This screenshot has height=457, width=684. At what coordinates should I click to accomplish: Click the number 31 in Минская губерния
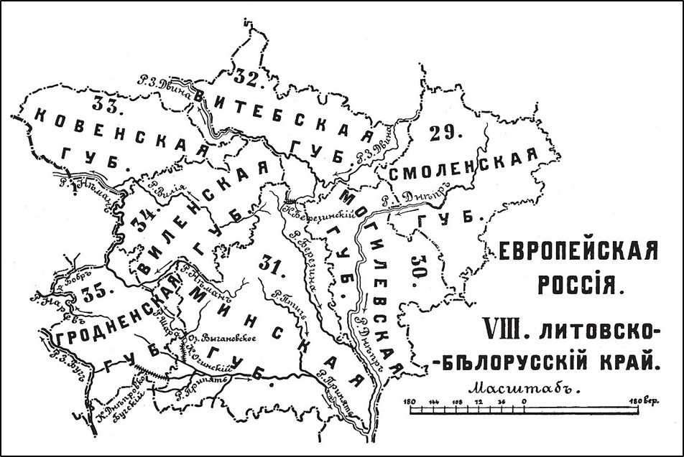pos(275,266)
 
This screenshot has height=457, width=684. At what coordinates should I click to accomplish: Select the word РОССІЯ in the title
pos(578,286)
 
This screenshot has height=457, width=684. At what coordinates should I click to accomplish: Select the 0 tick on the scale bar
pos(524,401)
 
